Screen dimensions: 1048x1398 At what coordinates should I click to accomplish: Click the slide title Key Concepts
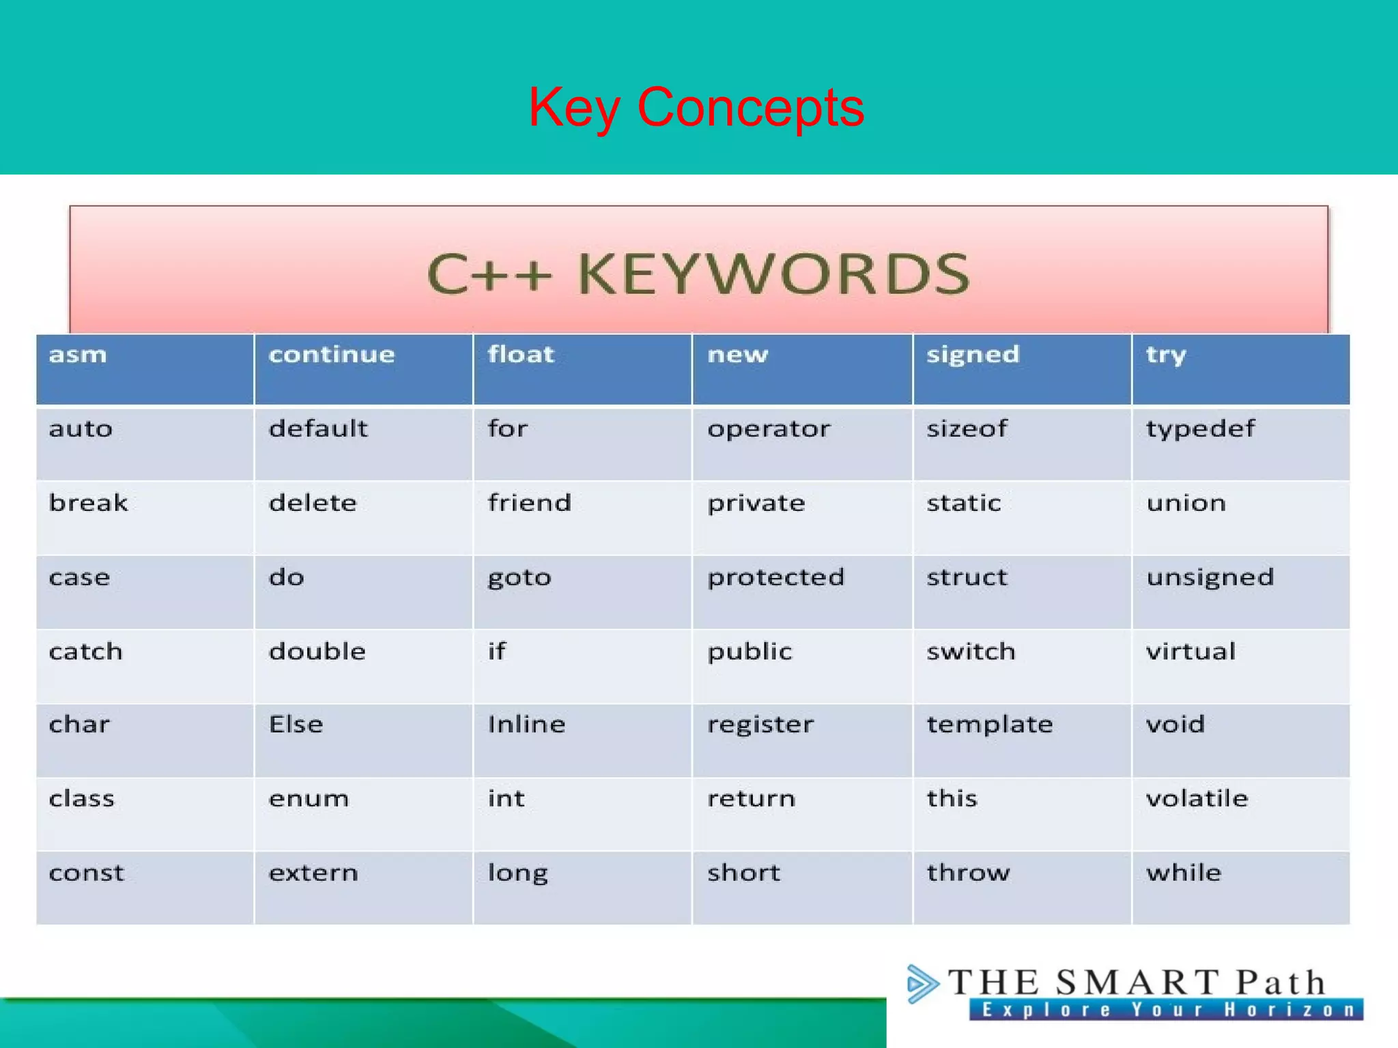click(x=696, y=107)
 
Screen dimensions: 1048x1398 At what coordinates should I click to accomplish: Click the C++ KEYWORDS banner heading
click(x=698, y=274)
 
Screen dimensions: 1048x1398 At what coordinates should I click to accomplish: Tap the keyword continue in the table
click(x=332, y=355)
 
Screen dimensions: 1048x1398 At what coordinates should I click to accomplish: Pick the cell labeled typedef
click(x=1200, y=429)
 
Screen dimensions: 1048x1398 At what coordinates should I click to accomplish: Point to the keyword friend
click(x=529, y=503)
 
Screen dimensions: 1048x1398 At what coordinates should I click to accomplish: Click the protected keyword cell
click(x=775, y=577)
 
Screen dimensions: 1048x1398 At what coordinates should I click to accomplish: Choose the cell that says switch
click(x=971, y=652)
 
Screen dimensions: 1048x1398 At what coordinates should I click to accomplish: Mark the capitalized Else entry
click(x=296, y=725)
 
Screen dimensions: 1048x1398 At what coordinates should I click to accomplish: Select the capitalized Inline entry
click(x=526, y=725)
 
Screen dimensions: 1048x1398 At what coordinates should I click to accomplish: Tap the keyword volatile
click(x=1197, y=798)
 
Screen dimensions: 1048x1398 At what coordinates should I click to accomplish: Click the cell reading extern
click(x=313, y=873)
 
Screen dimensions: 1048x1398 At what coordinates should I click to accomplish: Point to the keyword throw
click(x=968, y=873)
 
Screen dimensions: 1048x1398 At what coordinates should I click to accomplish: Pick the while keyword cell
click(x=1184, y=873)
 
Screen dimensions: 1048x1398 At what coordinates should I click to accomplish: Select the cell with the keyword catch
click(x=86, y=652)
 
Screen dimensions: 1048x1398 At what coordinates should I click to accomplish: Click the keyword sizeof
click(x=967, y=429)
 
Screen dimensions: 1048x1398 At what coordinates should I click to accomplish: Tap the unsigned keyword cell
click(x=1210, y=578)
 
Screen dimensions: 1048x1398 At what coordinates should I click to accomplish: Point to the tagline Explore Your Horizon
click(x=1166, y=1010)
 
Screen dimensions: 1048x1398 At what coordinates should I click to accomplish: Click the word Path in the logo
click(x=1281, y=982)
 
